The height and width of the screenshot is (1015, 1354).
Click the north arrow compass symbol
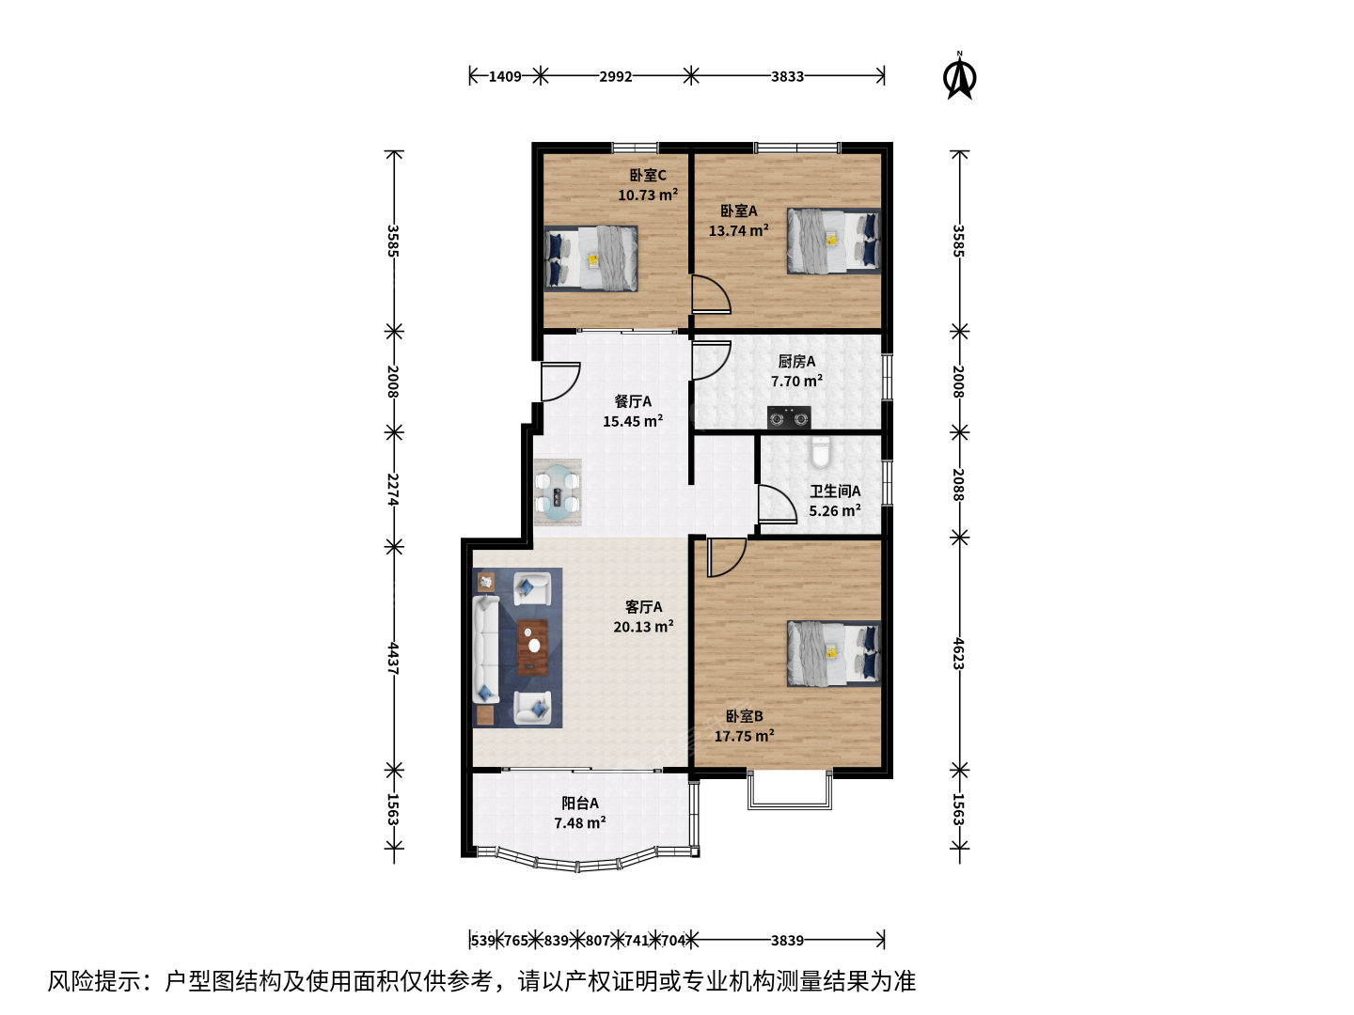click(x=959, y=76)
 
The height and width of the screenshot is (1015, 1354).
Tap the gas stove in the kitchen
click(x=789, y=417)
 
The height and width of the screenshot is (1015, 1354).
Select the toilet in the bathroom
click(x=821, y=452)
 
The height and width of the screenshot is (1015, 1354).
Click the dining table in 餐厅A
click(x=558, y=493)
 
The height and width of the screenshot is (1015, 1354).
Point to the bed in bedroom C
click(x=590, y=258)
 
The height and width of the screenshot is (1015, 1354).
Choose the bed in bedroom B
click(x=833, y=654)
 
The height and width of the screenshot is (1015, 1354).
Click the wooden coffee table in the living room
click(x=532, y=648)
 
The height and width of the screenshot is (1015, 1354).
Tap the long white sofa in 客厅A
click(x=486, y=649)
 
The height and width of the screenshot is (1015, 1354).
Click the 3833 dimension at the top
click(x=788, y=76)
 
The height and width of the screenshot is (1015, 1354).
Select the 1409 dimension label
click(x=505, y=76)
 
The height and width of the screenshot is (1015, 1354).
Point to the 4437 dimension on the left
click(x=394, y=659)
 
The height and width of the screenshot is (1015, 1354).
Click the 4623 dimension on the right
click(x=958, y=653)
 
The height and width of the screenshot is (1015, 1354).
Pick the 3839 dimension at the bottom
click(x=788, y=941)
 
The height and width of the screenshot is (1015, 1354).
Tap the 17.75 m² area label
click(x=745, y=736)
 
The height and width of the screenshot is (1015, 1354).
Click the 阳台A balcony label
click(x=580, y=803)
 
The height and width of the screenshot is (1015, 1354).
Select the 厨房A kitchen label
click(x=796, y=361)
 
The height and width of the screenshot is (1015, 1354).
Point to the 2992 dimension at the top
click(x=616, y=76)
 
